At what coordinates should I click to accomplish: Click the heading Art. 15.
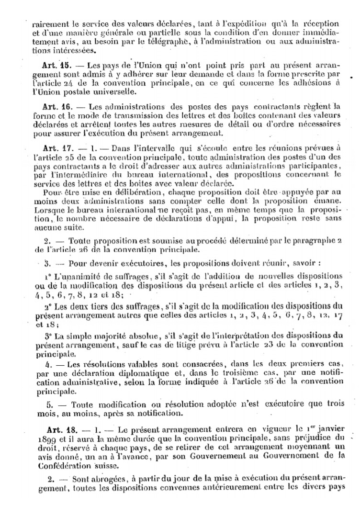pos(58,65)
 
